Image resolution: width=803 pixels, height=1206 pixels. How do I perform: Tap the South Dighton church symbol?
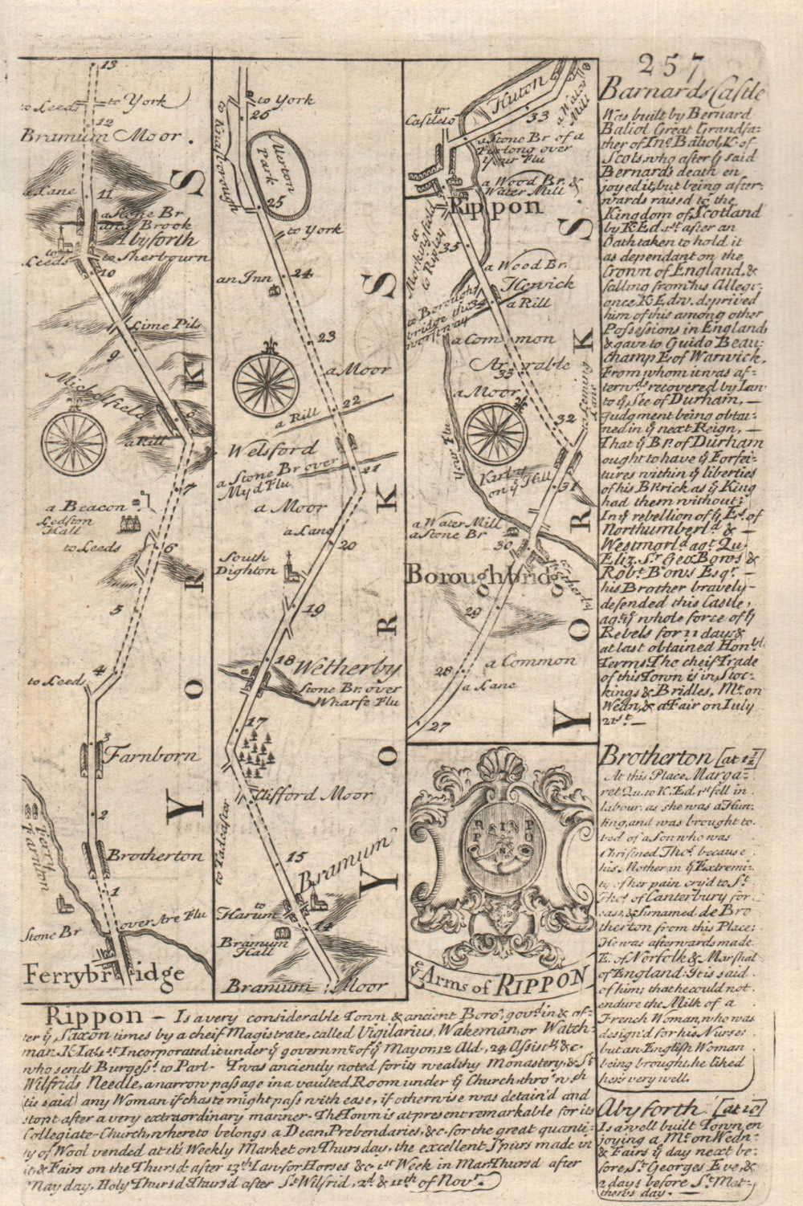point(291,568)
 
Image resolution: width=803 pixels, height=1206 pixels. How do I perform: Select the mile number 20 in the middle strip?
point(348,545)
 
